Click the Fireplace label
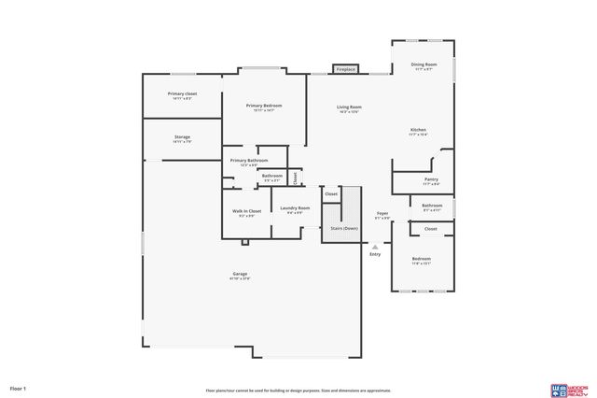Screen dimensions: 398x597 [346, 69]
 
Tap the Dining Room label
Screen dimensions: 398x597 [424, 65]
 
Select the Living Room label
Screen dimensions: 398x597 [349, 107]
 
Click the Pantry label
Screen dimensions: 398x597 [430, 179]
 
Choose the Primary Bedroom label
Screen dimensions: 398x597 [264, 106]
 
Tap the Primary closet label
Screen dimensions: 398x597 [182, 93]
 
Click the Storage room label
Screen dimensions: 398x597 [182, 137]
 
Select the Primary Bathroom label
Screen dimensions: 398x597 [249, 161]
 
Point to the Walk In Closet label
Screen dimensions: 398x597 [246, 211]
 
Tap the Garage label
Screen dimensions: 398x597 [241, 274]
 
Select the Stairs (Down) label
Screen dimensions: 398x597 [343, 228]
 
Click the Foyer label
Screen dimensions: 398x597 [382, 213]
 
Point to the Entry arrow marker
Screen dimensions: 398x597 [375, 247]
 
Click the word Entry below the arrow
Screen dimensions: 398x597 [375, 254]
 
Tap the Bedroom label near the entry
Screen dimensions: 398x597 [422, 259]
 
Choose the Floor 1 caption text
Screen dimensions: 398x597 [19, 388]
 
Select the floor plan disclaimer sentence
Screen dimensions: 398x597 [298, 391]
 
